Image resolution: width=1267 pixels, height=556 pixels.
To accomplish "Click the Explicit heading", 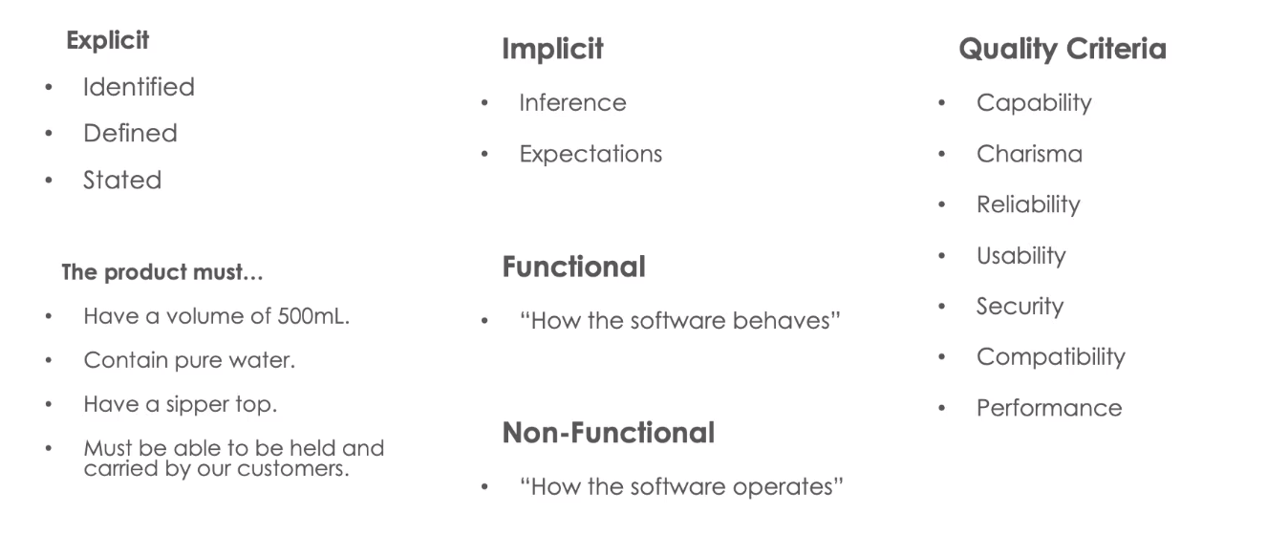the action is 107,41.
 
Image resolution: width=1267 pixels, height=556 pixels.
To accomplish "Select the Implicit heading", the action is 552,50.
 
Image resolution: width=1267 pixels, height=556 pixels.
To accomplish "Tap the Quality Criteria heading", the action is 1063,50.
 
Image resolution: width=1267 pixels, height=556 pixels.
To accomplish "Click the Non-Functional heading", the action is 609,433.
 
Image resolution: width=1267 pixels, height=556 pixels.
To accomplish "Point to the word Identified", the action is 139,87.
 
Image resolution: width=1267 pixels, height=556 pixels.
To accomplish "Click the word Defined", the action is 130,134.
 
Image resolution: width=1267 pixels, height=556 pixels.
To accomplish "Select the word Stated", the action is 122,181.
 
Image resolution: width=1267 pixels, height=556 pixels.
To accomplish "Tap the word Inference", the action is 572,103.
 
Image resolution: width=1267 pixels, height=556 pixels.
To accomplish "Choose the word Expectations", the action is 591,155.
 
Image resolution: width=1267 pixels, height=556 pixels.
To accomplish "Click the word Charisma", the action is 1029,154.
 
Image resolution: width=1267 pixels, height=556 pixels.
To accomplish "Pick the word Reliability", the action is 1028,204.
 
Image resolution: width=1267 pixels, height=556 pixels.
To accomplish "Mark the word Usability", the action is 1020,256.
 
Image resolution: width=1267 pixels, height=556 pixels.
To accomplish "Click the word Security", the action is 1020,307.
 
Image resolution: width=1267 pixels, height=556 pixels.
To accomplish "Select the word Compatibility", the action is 1051,357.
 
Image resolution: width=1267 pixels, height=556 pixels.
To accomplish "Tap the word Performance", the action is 1049,408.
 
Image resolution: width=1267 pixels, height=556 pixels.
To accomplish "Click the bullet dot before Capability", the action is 941,103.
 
